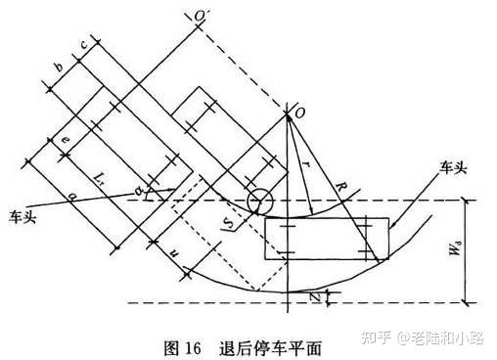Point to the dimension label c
click(x=83, y=45)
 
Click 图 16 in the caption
click(x=180, y=344)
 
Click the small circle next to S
click(x=261, y=202)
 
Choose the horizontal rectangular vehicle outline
click(x=326, y=239)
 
